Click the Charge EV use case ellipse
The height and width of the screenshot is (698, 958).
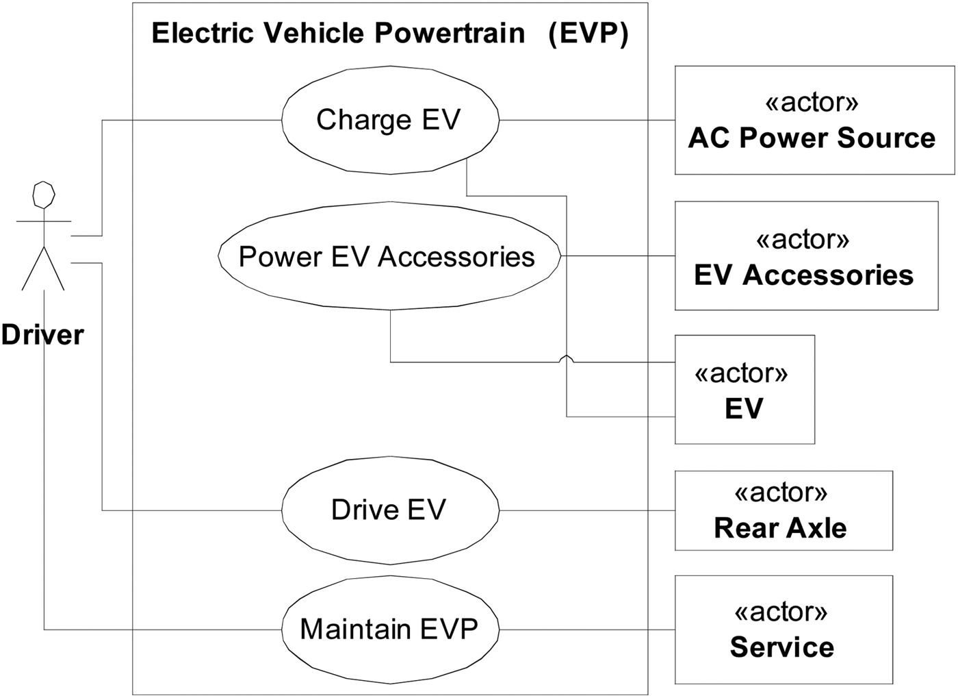(390, 120)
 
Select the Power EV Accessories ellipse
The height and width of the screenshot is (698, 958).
(389, 256)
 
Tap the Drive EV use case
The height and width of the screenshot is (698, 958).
(390, 510)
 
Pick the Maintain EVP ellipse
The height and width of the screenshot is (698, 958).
(390, 629)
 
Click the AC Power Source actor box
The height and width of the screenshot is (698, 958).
(814, 121)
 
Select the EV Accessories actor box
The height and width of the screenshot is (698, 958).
(805, 256)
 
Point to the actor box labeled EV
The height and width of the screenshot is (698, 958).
(745, 390)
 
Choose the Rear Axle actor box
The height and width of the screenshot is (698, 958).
(783, 511)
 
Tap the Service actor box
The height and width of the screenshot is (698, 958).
(783, 630)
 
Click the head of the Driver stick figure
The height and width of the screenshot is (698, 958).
(44, 195)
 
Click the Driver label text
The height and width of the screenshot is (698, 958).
(42, 335)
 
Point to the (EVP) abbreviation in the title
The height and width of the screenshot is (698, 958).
(588, 33)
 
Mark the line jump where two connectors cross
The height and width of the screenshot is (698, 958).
(567, 359)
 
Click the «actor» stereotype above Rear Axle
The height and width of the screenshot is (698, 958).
(781, 493)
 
